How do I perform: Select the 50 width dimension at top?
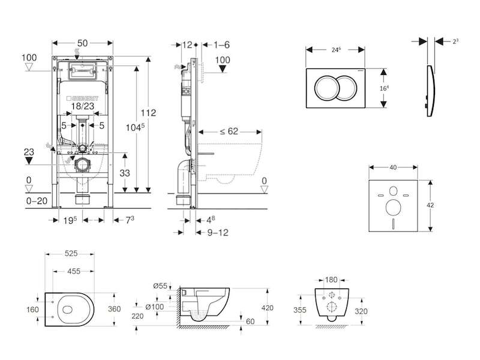83,44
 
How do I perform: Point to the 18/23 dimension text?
82,106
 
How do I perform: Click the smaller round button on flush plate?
350,88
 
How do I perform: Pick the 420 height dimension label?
268,308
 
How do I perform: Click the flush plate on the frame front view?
82,71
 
